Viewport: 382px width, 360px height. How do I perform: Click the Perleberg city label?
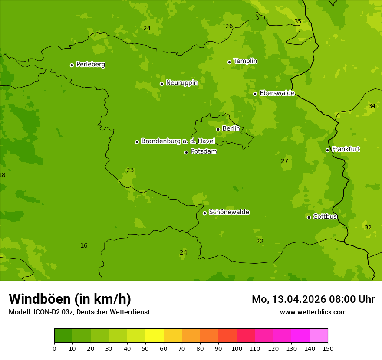pos(90,65)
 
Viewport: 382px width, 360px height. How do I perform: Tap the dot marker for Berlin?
pos(218,129)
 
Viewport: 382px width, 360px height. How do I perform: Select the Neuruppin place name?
pos(181,83)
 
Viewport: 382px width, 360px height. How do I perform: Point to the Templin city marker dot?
pos(229,62)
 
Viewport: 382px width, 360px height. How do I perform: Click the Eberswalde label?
pos(277,93)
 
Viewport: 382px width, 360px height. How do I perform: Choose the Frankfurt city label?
pos(346,149)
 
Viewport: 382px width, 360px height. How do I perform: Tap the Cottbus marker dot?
pos(309,217)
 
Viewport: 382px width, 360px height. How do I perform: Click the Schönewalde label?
pos(229,212)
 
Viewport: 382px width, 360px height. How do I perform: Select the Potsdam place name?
pos(204,151)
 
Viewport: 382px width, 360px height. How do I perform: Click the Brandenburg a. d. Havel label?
pos(178,141)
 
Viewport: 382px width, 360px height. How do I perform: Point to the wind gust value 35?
pos(298,21)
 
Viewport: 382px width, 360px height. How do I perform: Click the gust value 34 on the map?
pos(372,106)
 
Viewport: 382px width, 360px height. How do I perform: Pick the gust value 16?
pos(84,245)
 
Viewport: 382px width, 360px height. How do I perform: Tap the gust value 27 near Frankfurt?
pos(284,161)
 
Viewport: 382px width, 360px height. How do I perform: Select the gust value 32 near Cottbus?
pos(368,227)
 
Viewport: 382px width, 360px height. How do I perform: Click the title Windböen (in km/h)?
pos(70,299)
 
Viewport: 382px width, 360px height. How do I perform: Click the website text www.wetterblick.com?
pos(313,312)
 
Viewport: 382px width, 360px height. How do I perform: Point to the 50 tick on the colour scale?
pos(145,348)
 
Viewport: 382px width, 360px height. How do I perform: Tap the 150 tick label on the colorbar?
pos(328,348)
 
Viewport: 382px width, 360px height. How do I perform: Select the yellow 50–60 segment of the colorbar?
pos(155,336)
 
